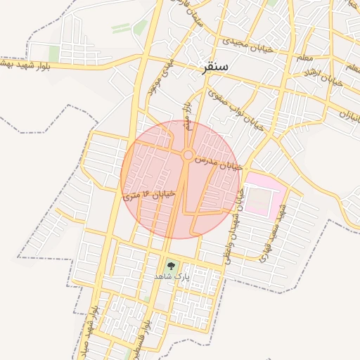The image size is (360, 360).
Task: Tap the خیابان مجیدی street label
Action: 246,44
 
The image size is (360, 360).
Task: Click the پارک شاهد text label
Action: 172,277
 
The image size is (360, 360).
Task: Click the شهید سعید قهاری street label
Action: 272,236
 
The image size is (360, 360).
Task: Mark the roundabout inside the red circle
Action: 188,155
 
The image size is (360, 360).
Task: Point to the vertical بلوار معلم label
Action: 188,116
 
